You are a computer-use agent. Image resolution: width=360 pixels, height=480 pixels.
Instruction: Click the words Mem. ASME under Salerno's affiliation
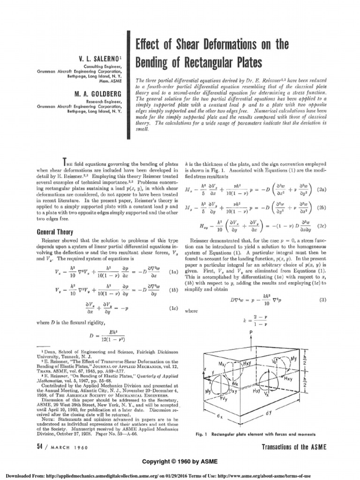click(x=112, y=81)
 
